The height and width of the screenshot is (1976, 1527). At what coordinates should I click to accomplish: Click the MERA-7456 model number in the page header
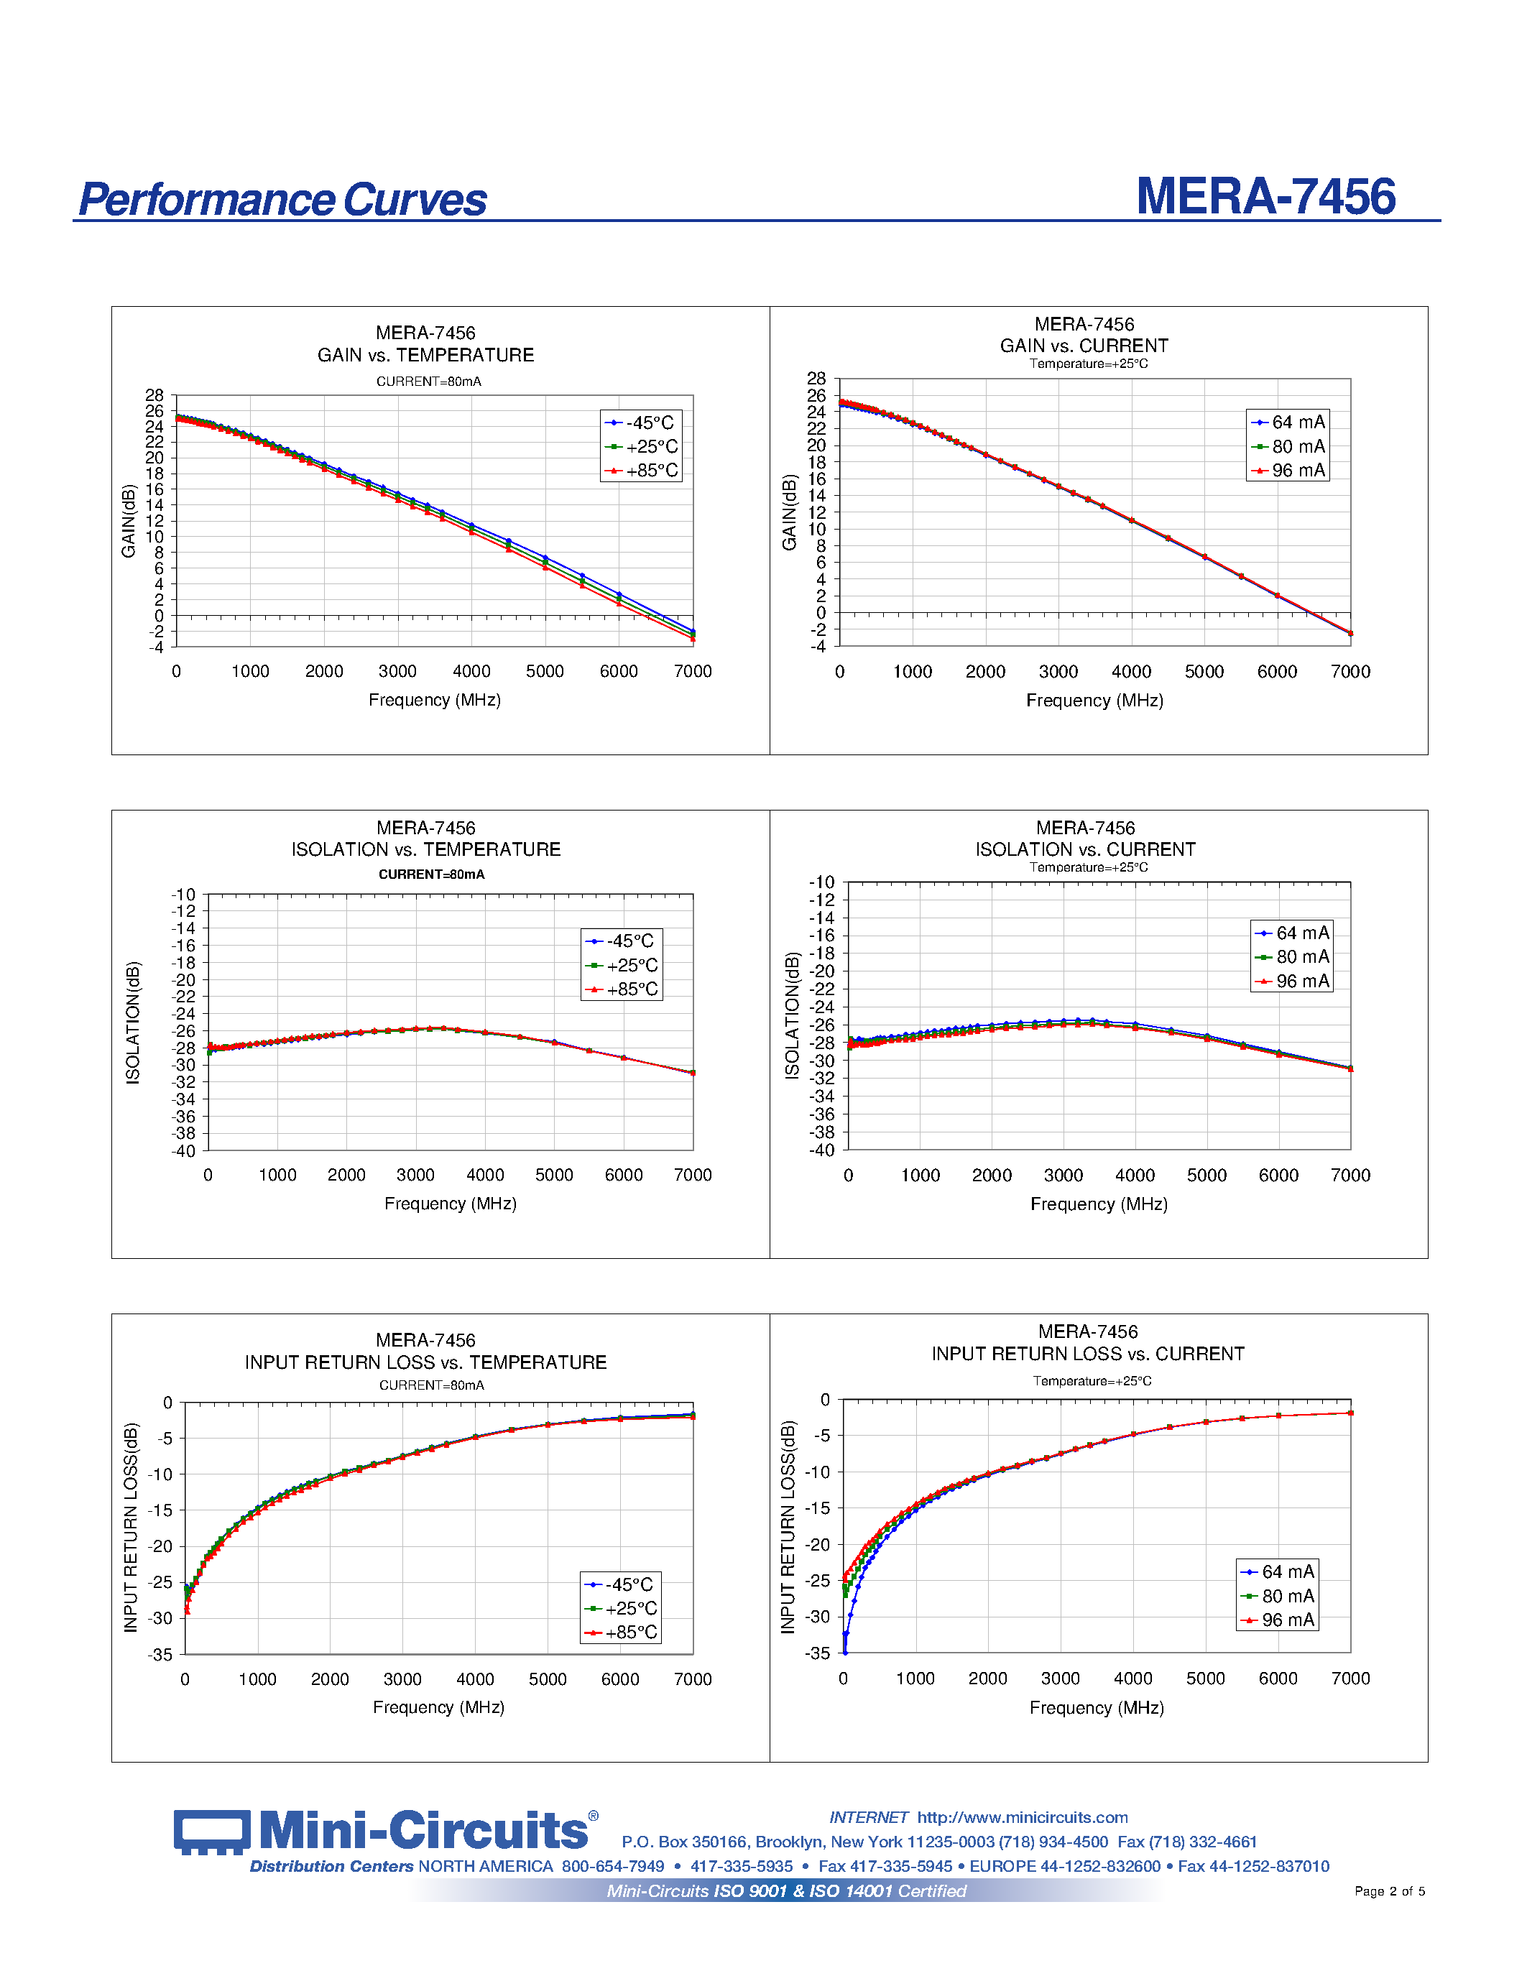click(1265, 196)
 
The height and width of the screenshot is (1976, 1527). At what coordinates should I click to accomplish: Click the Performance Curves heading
click(282, 200)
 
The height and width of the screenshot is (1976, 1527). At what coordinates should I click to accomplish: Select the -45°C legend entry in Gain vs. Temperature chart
click(640, 423)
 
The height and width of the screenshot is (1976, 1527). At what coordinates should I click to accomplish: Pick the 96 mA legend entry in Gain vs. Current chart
click(1288, 471)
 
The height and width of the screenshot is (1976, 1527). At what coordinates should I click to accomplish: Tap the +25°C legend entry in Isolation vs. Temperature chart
click(622, 966)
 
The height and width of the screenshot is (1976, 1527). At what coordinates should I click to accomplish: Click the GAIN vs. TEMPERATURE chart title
click(425, 355)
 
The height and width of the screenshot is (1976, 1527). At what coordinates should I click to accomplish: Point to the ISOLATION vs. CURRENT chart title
click(1084, 849)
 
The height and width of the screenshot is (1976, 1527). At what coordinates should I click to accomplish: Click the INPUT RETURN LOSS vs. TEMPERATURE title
click(425, 1362)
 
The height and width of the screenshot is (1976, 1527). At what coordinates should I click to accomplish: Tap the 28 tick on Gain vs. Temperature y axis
click(154, 395)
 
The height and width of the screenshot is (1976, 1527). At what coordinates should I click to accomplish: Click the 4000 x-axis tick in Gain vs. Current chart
click(1131, 671)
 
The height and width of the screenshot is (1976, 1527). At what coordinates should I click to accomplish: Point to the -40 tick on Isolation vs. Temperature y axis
click(184, 1151)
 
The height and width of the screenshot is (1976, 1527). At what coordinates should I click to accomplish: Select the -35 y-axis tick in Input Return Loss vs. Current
click(818, 1653)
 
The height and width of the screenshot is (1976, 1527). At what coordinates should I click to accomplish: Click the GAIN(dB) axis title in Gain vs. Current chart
click(789, 512)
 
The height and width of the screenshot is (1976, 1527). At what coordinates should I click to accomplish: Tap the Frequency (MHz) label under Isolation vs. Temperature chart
click(450, 1204)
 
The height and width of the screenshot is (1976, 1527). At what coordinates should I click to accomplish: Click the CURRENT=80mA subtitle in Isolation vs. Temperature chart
click(430, 874)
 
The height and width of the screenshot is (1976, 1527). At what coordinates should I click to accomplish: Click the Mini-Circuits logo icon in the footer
click(212, 1832)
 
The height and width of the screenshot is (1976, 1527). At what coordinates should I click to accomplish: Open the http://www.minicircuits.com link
click(1023, 1816)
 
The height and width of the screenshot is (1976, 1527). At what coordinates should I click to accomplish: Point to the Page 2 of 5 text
click(1388, 1891)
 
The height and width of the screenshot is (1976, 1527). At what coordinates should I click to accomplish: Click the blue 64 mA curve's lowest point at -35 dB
click(845, 1652)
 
